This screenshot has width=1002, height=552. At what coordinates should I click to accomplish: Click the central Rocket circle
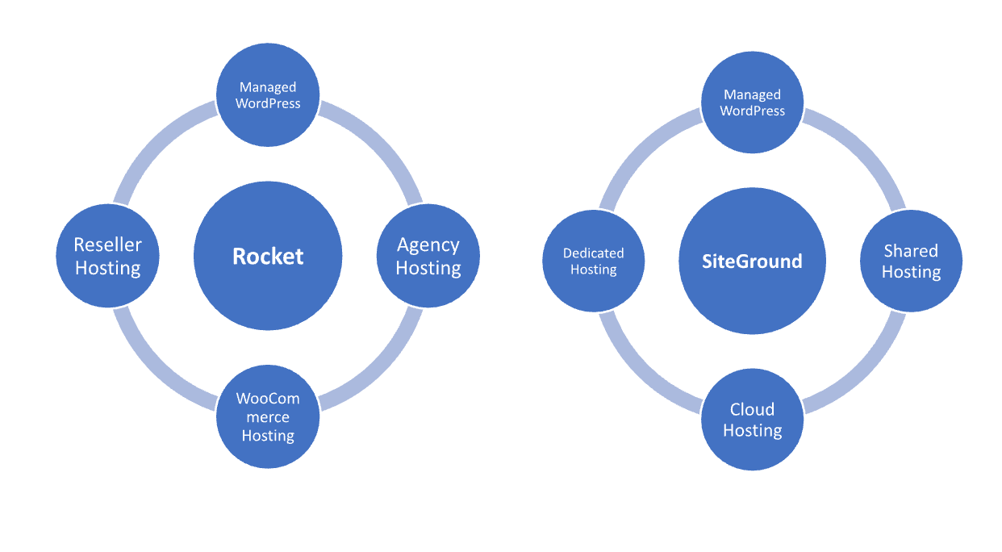pyautogui.click(x=268, y=256)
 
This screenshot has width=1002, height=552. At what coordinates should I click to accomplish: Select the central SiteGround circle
pyautogui.click(x=752, y=261)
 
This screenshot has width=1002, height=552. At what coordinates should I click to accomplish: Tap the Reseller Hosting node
pyautogui.click(x=107, y=256)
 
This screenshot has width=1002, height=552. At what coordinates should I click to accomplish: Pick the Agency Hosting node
pyautogui.click(x=428, y=256)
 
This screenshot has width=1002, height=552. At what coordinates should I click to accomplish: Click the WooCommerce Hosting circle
pyautogui.click(x=268, y=416)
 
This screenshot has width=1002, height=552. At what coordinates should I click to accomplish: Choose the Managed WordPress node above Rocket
pyautogui.click(x=268, y=95)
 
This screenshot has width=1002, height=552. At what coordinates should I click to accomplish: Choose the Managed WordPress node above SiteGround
pyautogui.click(x=752, y=102)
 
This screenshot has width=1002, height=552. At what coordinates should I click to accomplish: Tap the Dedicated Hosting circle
pyautogui.click(x=593, y=261)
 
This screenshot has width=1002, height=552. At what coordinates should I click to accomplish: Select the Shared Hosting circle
pyautogui.click(x=911, y=261)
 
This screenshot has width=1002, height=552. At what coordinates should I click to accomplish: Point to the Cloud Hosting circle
pyautogui.click(x=752, y=420)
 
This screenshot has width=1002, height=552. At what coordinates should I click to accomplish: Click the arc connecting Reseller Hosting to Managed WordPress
pyautogui.click(x=153, y=142)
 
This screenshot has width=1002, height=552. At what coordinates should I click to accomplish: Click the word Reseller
pyautogui.click(x=107, y=245)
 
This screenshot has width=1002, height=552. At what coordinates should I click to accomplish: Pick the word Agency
pyautogui.click(x=428, y=245)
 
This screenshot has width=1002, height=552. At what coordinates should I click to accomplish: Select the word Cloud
pyautogui.click(x=752, y=409)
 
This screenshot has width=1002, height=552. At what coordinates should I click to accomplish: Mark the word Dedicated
pyautogui.click(x=593, y=253)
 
